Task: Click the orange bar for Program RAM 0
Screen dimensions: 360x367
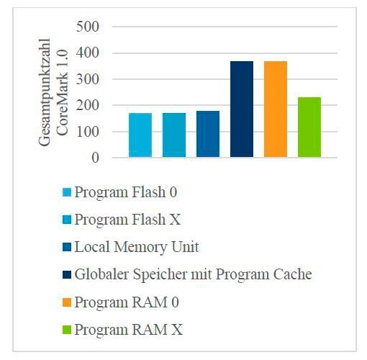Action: [276, 109]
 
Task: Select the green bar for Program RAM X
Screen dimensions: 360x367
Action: [309, 127]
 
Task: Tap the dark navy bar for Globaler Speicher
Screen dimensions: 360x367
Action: [242, 109]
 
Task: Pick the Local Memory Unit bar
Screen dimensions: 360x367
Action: [208, 134]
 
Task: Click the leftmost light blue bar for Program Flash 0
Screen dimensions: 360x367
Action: [140, 135]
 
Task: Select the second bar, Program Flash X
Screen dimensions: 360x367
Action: [174, 135]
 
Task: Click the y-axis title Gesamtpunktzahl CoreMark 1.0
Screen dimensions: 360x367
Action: [54, 91]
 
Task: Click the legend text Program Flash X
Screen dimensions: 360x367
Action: [126, 219]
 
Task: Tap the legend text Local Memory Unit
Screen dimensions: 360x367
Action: [136, 247]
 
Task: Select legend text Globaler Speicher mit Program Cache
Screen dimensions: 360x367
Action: [194, 274]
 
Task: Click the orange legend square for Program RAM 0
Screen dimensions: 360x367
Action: [67, 302]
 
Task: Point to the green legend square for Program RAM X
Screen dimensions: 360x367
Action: [67, 330]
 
